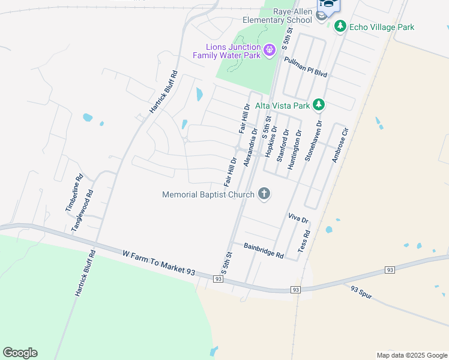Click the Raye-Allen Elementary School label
tap(277, 15)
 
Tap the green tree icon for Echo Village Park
tap(340, 26)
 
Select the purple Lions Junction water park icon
tap(270, 49)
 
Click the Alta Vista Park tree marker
tap(319, 105)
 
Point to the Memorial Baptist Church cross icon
tap(264, 193)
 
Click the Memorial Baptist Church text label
tap(208, 194)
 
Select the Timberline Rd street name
tap(73, 193)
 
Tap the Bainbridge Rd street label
tap(264, 249)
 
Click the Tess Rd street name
tap(304, 241)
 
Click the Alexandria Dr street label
tap(250, 148)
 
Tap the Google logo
tap(20, 353)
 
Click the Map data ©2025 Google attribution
tap(411, 355)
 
